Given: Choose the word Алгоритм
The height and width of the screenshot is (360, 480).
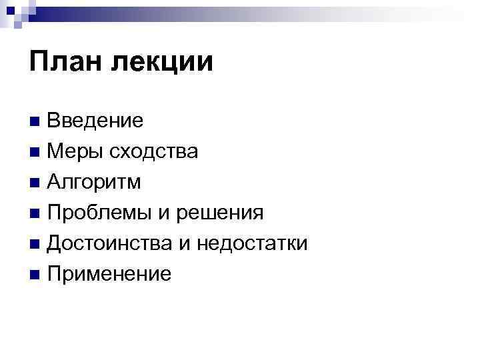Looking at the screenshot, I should (x=94, y=182).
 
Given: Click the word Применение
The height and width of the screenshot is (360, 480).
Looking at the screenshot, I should (x=109, y=274).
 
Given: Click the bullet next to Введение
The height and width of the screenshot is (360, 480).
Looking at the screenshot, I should (x=35, y=121).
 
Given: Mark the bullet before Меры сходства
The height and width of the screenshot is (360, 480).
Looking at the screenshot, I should (x=35, y=152).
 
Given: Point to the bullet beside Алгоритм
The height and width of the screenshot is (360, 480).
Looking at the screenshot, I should (x=35, y=183).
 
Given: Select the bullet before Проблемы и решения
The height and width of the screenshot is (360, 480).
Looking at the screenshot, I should (x=35, y=213).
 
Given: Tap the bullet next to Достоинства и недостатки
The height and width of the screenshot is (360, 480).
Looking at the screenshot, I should (x=35, y=244).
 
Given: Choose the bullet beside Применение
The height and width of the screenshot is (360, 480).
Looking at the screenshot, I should (x=35, y=275).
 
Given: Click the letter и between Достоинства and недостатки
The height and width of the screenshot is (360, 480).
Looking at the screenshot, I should (x=187, y=245).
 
